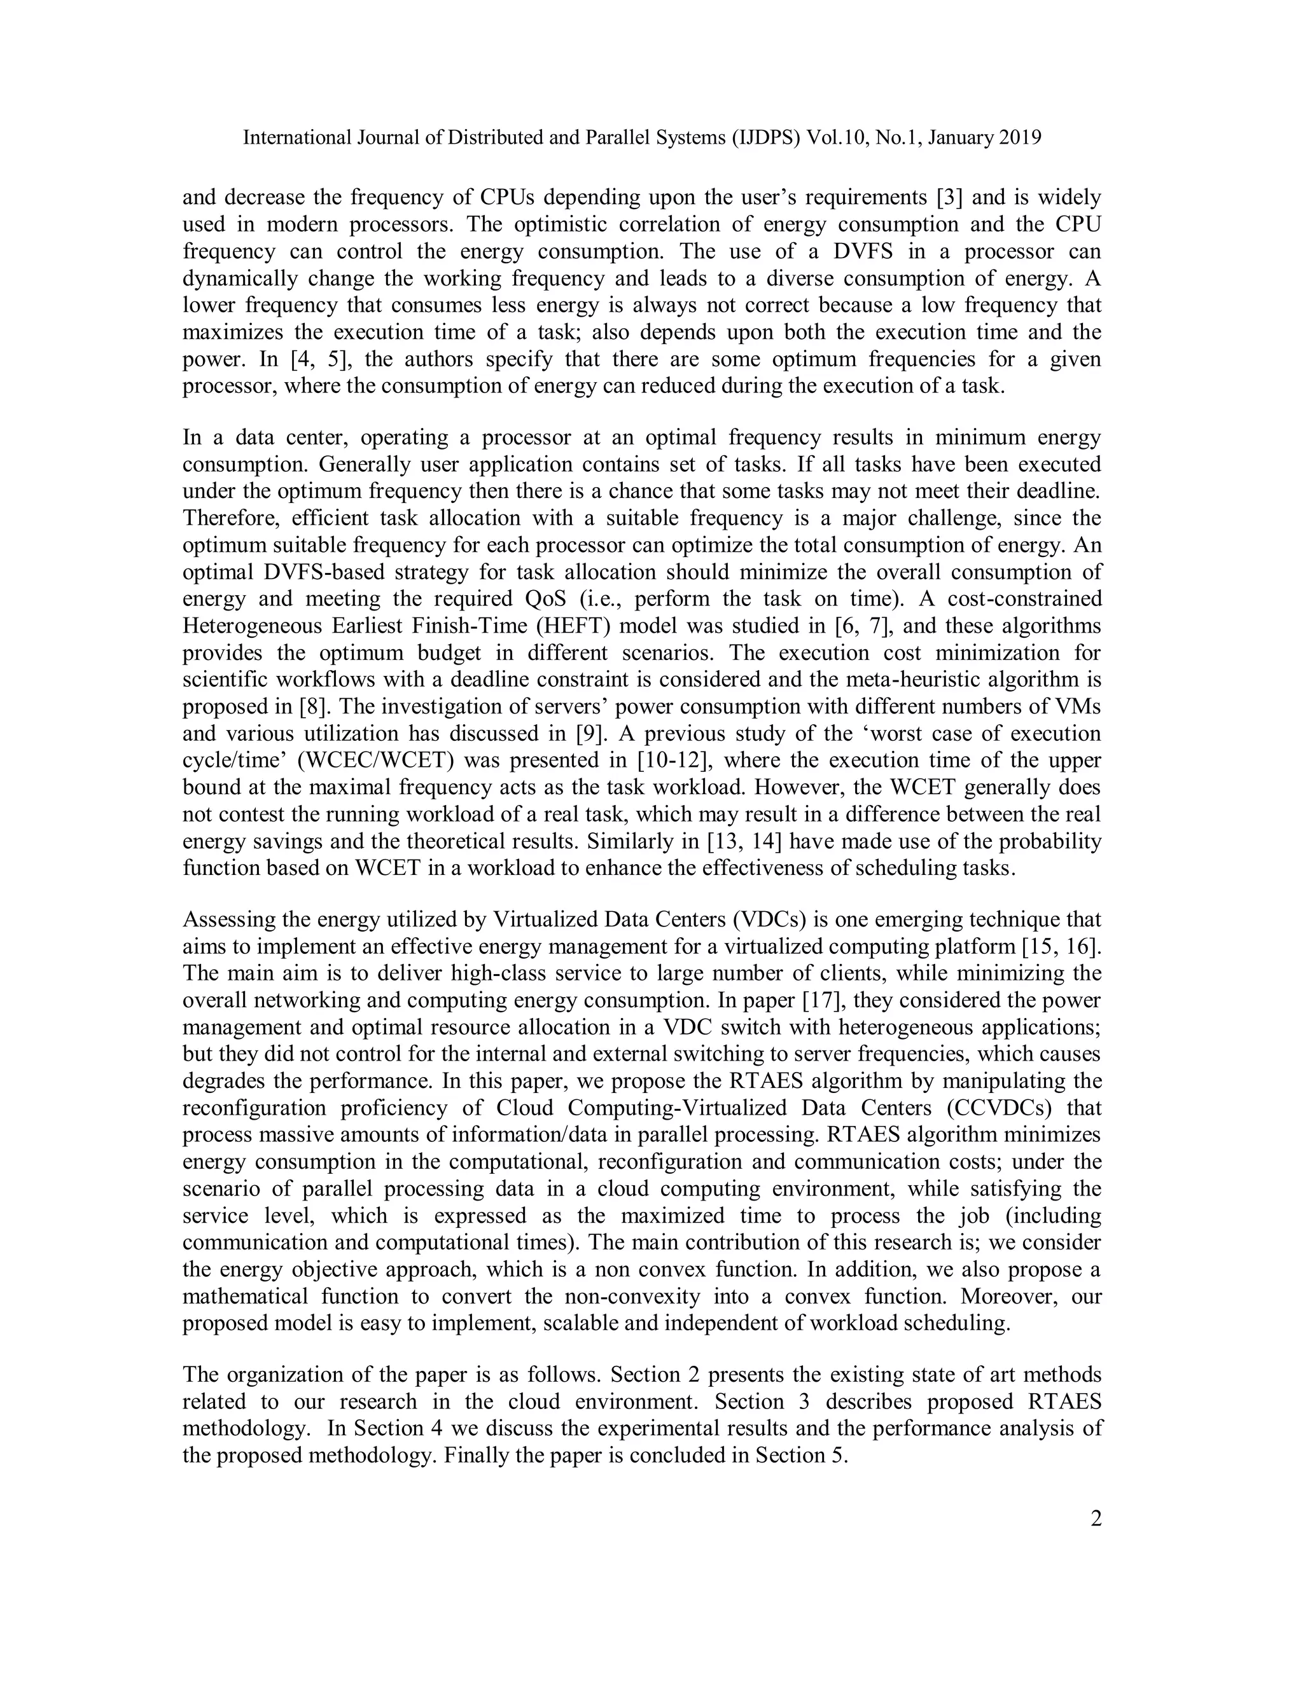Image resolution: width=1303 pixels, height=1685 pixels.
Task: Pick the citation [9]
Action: pyautogui.click(x=589, y=734)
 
